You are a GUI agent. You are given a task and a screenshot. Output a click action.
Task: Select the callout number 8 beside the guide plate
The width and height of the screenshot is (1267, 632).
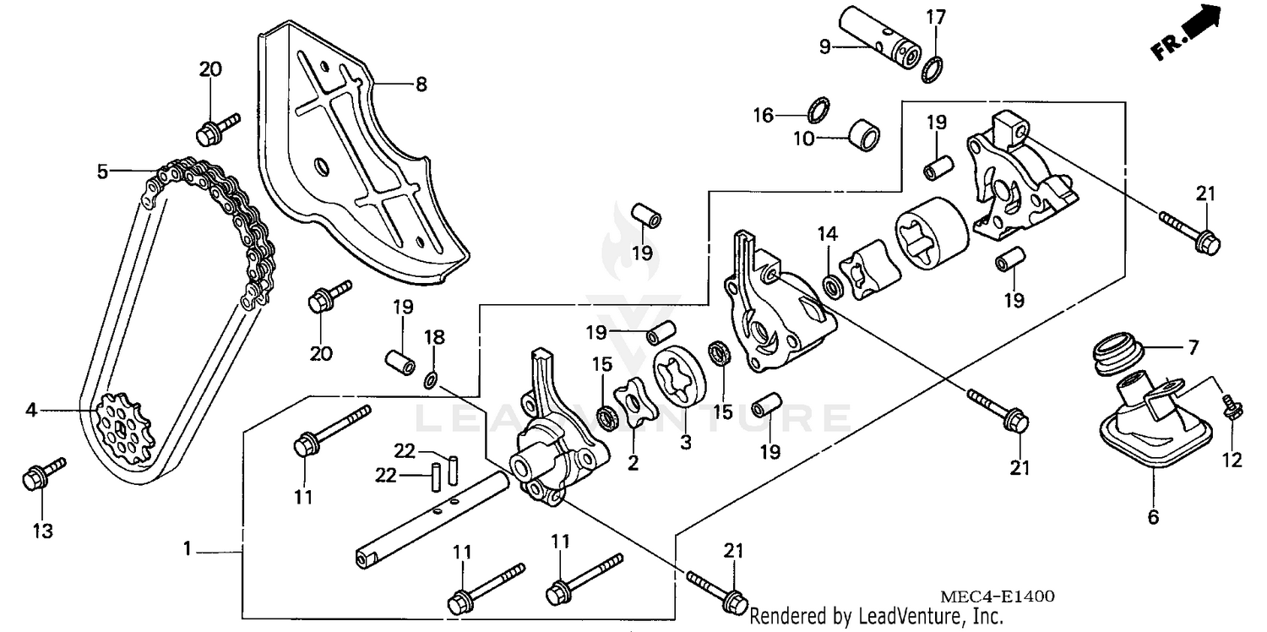[x=421, y=84]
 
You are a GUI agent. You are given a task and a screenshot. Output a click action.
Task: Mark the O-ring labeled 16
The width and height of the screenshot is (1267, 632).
[x=818, y=109]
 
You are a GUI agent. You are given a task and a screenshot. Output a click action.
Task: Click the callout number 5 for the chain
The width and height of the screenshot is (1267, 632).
[x=102, y=172]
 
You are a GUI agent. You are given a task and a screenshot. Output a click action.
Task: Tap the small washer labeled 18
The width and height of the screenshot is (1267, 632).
[x=431, y=383]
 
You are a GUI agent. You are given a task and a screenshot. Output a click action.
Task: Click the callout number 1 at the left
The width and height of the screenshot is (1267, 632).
[x=188, y=549]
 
